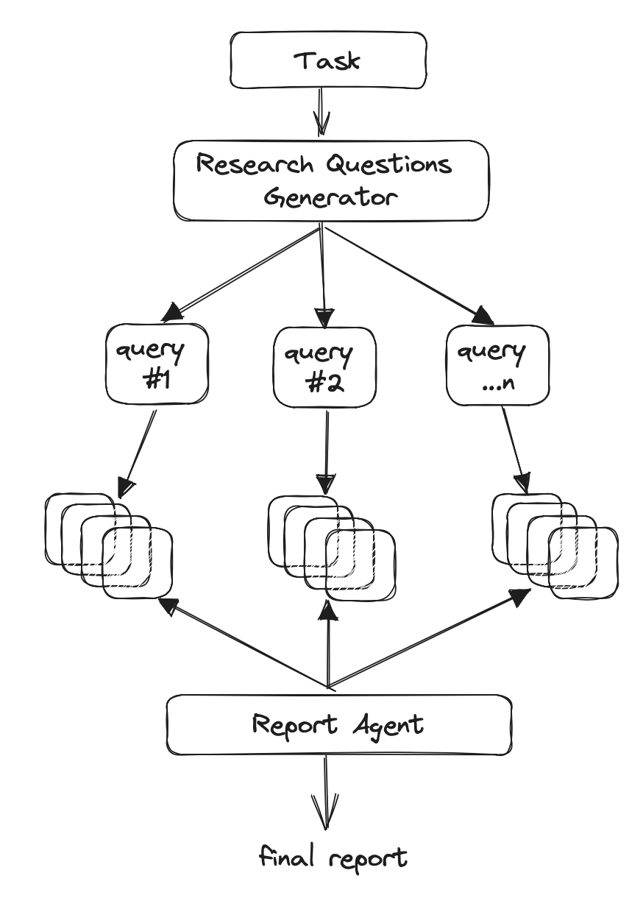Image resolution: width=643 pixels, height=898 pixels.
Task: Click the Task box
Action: [x=327, y=60]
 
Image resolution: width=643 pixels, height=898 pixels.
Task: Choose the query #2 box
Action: [x=324, y=366]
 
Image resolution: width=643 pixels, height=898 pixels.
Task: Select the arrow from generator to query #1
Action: [x=243, y=273]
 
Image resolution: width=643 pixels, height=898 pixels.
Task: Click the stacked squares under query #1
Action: [x=109, y=545]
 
